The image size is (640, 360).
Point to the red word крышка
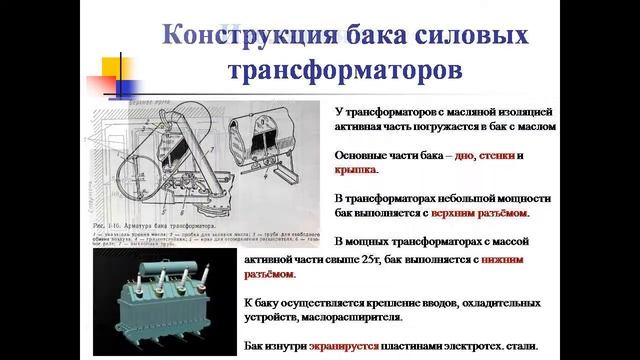point(350,171)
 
